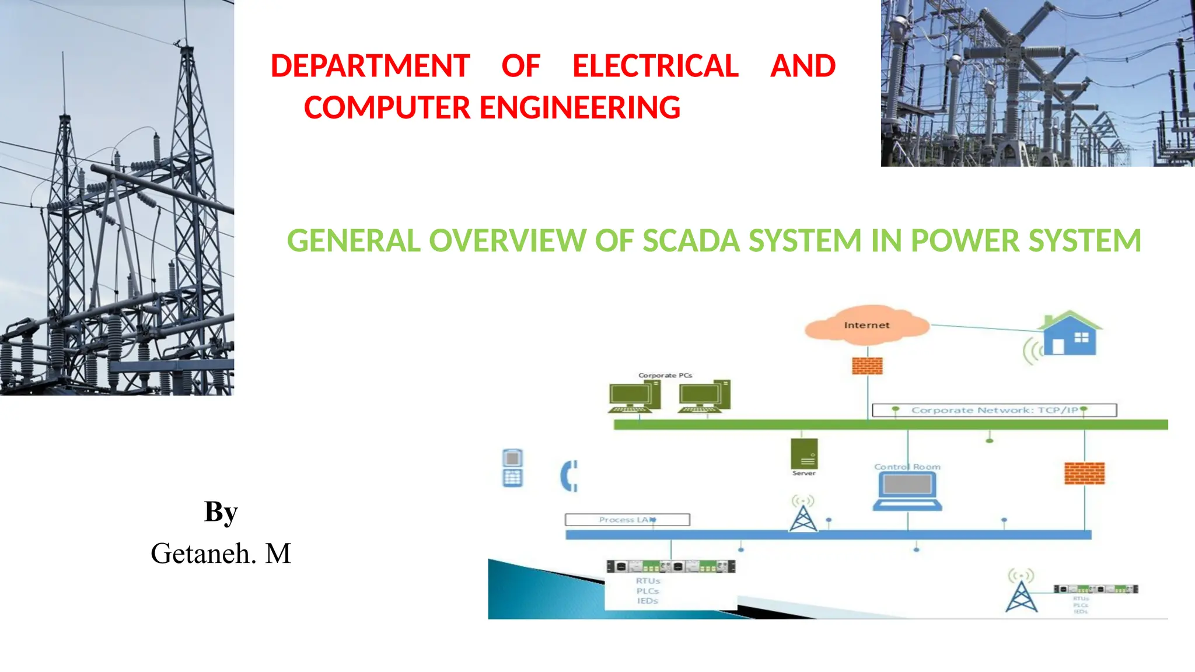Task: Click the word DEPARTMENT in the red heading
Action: point(370,66)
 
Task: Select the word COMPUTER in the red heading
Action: point(387,108)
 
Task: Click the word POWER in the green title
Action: point(965,241)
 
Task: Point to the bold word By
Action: point(221,512)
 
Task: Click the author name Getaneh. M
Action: point(221,553)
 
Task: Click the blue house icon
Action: point(1069,335)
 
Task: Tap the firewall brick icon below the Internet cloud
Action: point(867,366)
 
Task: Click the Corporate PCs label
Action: point(665,375)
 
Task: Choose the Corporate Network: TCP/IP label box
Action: point(994,410)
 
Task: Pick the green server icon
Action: point(804,454)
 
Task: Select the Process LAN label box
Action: point(627,519)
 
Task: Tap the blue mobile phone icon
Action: point(512,468)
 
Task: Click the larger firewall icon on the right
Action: point(1085,473)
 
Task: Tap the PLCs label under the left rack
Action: point(648,591)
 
